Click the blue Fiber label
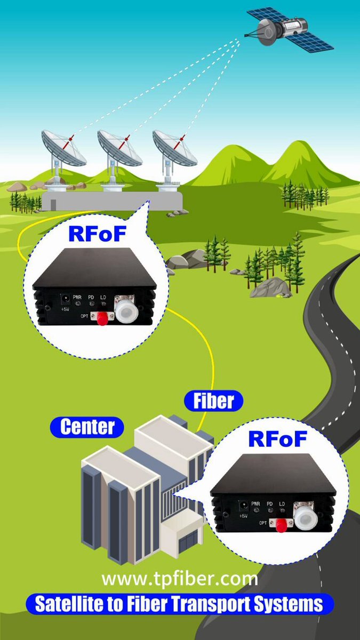(214, 401)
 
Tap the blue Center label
(87, 427)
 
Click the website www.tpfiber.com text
(180, 579)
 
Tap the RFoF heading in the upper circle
(98, 234)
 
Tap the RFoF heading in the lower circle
(278, 439)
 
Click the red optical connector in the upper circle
(102, 318)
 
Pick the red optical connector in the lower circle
(282, 525)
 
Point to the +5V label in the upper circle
(65, 309)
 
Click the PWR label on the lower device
(255, 503)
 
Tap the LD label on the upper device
(103, 298)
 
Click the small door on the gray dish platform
(53, 205)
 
